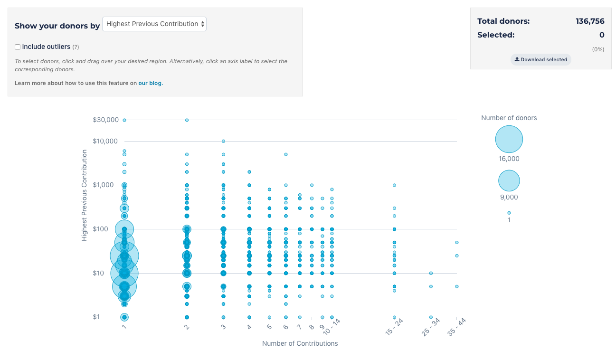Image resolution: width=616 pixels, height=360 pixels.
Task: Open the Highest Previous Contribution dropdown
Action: (x=154, y=24)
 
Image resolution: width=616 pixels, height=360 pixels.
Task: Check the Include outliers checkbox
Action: (x=18, y=47)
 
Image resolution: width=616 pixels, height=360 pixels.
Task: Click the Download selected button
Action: (x=541, y=60)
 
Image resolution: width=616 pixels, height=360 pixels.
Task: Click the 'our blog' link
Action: (x=150, y=83)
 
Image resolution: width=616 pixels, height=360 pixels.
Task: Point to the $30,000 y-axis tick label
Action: (x=105, y=120)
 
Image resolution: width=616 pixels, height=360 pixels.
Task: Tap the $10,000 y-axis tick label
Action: (x=105, y=141)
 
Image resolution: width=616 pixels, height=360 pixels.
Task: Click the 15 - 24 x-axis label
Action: (x=394, y=328)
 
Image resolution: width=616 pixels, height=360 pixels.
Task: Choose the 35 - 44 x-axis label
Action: (x=456, y=328)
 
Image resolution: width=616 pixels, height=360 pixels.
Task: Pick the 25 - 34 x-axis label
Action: (x=430, y=328)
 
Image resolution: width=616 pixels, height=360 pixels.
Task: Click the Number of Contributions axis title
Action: (x=300, y=343)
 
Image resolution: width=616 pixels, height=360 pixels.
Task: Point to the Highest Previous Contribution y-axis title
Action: (x=85, y=195)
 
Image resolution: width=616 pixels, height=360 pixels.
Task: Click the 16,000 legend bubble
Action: (x=509, y=139)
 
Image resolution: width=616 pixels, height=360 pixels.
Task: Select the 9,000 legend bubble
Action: (x=509, y=180)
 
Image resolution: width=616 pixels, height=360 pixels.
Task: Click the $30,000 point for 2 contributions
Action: (x=187, y=120)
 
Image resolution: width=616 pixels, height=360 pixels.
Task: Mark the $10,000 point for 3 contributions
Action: (x=223, y=141)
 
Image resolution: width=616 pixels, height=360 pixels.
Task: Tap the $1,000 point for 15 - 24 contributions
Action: (x=394, y=185)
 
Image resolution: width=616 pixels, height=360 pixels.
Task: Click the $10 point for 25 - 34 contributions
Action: (x=431, y=273)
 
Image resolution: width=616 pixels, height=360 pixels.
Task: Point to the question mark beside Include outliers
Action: (x=76, y=47)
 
